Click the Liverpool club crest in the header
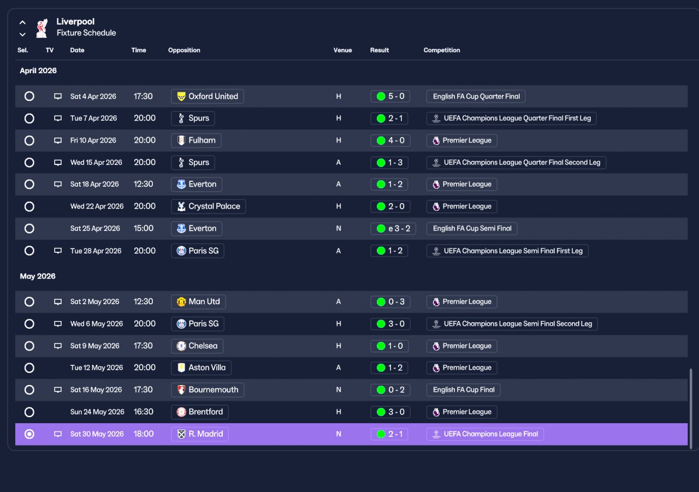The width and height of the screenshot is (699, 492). tap(42, 28)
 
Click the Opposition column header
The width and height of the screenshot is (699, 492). tap(184, 50)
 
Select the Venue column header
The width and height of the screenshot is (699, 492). tap(342, 50)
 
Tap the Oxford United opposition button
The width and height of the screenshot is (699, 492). tap(207, 97)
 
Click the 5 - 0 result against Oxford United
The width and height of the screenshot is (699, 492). tap(390, 97)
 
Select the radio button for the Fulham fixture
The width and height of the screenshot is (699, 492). tap(29, 140)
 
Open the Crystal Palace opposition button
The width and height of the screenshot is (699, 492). tap(208, 206)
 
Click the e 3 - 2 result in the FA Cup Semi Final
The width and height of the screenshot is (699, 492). tap(393, 228)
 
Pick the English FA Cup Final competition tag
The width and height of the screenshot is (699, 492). tap(464, 390)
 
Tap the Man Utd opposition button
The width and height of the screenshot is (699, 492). tap(198, 301)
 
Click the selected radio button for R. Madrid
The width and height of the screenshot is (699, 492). tap(29, 434)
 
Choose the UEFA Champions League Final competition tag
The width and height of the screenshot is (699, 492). tap(485, 434)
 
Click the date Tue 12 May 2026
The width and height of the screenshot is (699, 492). tap(97, 367)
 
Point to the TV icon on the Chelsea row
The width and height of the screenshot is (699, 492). tap(58, 346)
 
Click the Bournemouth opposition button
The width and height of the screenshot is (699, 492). tap(208, 390)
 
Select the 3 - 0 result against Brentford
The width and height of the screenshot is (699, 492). tap(390, 412)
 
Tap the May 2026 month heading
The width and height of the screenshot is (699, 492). tap(38, 276)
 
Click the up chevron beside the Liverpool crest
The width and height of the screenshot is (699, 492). tap(22, 22)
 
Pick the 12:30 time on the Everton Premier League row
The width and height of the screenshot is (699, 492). tap(143, 184)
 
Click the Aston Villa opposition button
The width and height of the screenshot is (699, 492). tap(201, 367)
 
